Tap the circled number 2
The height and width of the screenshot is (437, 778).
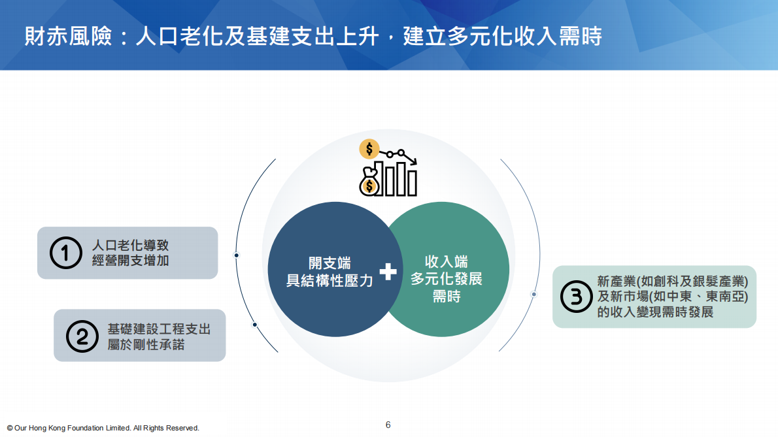point(82,336)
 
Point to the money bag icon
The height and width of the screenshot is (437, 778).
point(369,183)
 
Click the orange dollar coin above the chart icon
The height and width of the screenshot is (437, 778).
point(369,150)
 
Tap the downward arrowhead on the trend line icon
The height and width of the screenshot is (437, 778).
point(413,161)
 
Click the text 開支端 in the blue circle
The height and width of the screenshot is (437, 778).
point(330,263)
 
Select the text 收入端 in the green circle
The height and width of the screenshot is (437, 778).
point(446,262)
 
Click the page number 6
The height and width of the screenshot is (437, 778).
point(388,425)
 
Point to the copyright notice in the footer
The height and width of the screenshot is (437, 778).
point(103,428)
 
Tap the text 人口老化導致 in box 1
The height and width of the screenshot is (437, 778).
point(131,246)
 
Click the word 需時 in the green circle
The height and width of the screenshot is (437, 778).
point(446,296)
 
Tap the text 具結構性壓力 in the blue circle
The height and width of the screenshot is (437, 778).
point(330,281)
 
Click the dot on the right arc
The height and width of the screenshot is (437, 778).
point(533,295)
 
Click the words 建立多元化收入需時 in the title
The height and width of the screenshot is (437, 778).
point(502,36)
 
